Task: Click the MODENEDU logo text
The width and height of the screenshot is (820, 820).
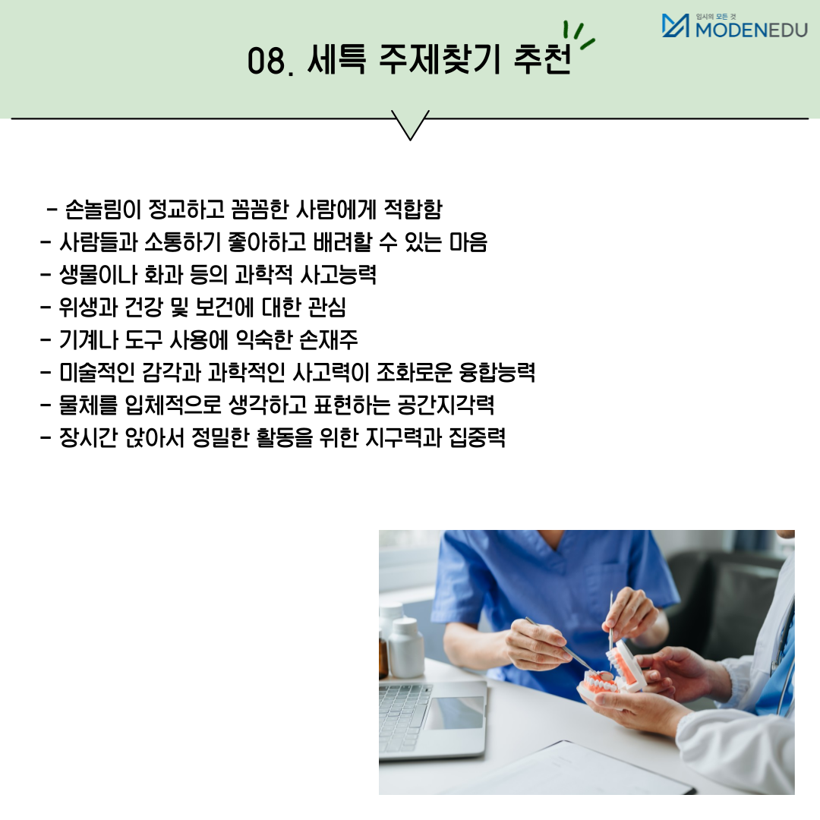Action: tap(752, 30)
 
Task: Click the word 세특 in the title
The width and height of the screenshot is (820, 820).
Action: tap(336, 58)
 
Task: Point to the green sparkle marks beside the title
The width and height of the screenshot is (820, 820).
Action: tap(579, 36)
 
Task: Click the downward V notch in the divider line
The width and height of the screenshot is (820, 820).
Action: tap(410, 125)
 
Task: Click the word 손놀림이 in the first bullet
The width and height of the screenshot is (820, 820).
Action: tap(103, 210)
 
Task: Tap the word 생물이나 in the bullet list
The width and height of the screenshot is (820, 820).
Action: tap(98, 275)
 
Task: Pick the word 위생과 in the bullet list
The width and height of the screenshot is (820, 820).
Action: tap(88, 307)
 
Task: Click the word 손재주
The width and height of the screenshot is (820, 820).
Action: tap(329, 340)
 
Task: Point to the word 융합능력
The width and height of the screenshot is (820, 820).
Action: tap(497, 372)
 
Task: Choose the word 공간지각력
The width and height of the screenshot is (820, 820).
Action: tap(446, 405)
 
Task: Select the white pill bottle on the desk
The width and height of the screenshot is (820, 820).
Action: tap(405, 648)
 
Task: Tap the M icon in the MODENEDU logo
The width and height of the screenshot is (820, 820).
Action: tap(675, 26)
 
